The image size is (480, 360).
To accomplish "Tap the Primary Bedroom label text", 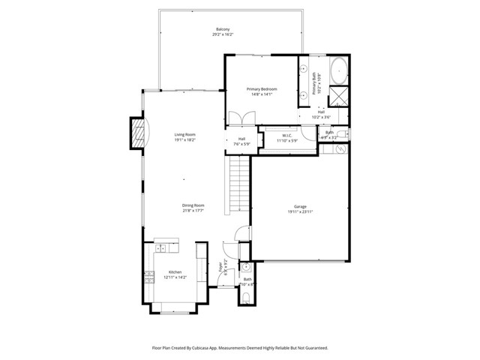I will [x=262, y=88].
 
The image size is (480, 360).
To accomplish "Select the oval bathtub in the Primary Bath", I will [x=338, y=69].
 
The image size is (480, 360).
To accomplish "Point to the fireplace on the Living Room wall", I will [x=137, y=134].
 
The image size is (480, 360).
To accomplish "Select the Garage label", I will [x=300, y=206].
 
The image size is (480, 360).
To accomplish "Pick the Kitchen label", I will [x=175, y=271].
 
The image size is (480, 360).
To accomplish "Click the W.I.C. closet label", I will [x=287, y=136].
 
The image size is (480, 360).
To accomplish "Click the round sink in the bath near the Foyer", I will [x=245, y=266].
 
